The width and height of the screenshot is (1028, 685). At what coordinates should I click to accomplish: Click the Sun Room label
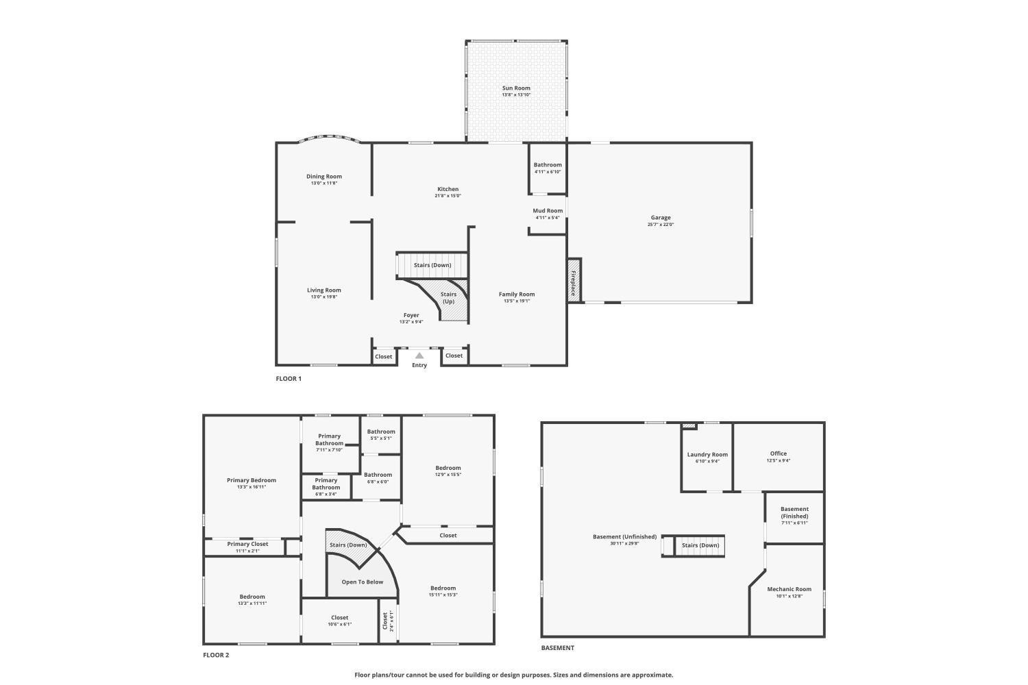[516, 88]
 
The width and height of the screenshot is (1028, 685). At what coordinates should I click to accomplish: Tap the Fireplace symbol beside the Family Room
[574, 279]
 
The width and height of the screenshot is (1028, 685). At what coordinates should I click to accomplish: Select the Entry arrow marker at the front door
[419, 356]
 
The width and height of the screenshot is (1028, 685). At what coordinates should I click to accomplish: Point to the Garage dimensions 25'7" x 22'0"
[661, 225]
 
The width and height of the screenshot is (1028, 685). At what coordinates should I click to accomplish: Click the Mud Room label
[548, 211]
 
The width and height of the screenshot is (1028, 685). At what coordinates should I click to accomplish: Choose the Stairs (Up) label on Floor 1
[448, 298]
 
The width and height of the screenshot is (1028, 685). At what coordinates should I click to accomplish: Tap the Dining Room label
[323, 177]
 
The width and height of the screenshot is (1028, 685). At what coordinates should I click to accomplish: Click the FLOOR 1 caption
[289, 379]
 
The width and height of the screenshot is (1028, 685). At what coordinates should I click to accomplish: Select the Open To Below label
[363, 582]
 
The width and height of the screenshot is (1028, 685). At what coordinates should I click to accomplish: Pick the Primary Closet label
[247, 544]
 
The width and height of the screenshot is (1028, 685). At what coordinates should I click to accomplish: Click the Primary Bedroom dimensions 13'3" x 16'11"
[252, 487]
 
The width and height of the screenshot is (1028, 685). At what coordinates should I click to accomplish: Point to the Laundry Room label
[707, 455]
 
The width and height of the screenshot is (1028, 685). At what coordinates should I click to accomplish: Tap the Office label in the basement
[778, 453]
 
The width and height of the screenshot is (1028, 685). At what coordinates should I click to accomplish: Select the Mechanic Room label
[789, 589]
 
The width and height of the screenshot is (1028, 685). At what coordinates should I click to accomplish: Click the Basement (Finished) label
[794, 512]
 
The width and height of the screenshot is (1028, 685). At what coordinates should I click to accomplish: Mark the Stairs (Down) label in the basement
[700, 545]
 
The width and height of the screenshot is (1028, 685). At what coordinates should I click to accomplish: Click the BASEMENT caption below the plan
[558, 648]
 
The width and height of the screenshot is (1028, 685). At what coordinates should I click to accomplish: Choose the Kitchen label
[448, 189]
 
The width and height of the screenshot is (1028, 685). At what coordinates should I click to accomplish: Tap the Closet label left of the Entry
[384, 356]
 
